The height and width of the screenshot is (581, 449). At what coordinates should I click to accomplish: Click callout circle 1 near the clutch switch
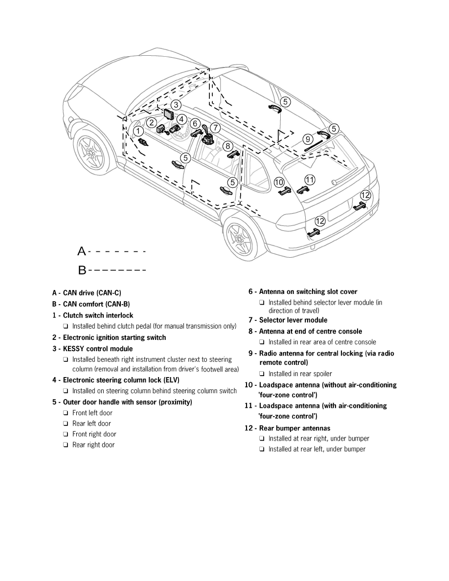point(139,131)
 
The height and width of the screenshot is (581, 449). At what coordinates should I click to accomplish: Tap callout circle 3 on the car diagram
point(176,105)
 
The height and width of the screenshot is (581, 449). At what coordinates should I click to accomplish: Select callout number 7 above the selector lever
point(215,128)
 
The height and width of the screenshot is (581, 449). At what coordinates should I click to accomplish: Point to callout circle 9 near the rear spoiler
point(308,138)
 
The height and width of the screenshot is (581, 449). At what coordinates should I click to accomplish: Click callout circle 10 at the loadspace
point(279,182)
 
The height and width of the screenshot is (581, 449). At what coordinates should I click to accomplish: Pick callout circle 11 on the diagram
point(310,179)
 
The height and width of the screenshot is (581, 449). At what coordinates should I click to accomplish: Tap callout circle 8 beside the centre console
point(227,146)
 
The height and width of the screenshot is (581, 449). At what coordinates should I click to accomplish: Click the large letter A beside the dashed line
point(82,251)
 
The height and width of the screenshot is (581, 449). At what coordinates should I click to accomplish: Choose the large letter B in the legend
point(82,270)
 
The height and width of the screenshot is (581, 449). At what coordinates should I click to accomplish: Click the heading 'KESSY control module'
point(98,349)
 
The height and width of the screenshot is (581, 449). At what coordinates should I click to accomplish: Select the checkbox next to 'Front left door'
point(66,413)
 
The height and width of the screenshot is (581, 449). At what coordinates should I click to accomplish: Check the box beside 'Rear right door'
point(66,445)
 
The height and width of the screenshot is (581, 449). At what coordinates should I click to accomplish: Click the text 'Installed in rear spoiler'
point(300,374)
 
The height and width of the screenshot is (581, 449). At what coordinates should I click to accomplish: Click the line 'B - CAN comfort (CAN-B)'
point(91,304)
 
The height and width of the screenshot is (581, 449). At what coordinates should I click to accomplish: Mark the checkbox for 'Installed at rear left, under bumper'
point(262,449)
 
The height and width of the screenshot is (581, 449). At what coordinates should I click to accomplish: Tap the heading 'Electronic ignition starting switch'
point(114,337)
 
